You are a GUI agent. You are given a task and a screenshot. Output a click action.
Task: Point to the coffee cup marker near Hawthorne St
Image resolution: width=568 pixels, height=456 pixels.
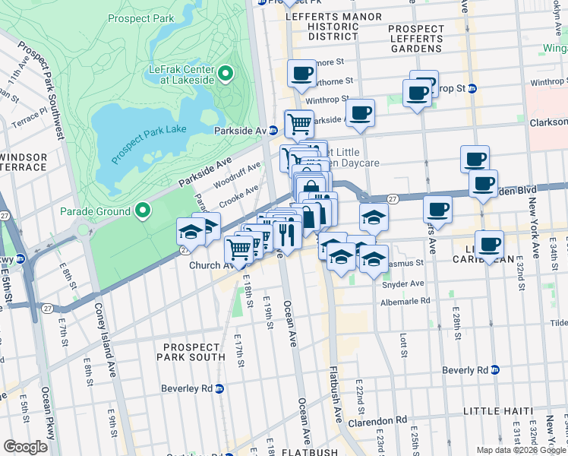click(x=301, y=74)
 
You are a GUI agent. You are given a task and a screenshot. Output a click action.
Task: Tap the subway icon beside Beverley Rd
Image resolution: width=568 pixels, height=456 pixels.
click(x=219, y=388)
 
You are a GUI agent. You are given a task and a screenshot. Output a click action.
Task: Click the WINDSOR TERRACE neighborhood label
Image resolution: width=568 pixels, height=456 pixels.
click(x=23, y=162)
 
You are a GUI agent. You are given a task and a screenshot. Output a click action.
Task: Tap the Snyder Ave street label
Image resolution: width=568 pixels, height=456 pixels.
click(x=405, y=283)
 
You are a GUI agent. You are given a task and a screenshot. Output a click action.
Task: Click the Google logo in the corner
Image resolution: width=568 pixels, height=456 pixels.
click(x=25, y=447)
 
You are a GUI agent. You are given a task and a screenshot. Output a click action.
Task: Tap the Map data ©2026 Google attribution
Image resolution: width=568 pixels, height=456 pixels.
click(x=520, y=450)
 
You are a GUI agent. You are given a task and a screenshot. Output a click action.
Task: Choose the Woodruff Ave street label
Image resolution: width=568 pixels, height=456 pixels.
click(x=237, y=176)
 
